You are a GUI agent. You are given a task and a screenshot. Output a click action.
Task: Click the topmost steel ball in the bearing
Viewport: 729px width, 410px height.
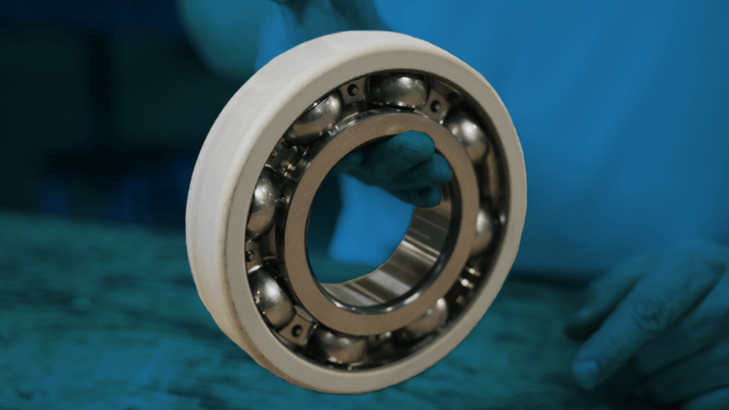(x=399, y=91)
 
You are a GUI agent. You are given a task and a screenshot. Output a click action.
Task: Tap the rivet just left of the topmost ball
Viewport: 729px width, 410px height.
(x=352, y=90)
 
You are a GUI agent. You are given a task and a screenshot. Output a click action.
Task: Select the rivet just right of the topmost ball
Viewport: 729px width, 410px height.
(x=436, y=106)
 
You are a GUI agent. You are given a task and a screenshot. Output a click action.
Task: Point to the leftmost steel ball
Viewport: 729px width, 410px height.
(x=262, y=203)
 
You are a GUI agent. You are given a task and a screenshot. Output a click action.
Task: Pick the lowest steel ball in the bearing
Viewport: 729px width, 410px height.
(x=340, y=345)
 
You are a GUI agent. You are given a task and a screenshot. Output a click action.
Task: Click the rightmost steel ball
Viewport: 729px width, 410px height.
(x=482, y=231)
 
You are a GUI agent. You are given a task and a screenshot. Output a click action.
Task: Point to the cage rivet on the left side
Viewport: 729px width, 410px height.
(x=253, y=256)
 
